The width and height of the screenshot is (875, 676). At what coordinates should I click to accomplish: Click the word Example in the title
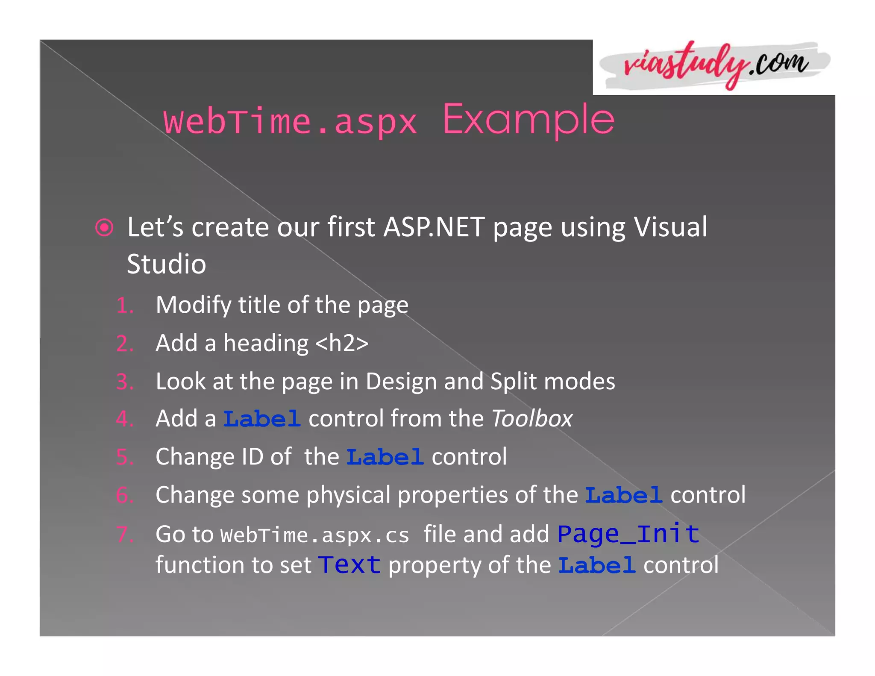pos(529,121)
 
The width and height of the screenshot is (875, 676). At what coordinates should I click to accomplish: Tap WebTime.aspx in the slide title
pos(290,122)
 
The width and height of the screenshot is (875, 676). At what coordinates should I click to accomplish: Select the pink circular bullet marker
pos(104,227)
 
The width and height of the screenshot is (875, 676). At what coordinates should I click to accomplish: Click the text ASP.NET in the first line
pos(434,227)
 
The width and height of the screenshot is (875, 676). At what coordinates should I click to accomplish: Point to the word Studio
pos(167,264)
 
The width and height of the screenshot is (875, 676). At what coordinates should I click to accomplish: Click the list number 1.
pos(124,306)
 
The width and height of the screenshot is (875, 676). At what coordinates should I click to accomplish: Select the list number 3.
pos(124,382)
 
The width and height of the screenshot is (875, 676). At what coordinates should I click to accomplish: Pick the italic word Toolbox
pos(532,419)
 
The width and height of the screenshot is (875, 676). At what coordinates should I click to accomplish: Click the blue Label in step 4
pos(262,419)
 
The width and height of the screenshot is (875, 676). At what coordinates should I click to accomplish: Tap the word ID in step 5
pos(252,457)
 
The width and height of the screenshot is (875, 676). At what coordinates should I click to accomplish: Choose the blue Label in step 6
pos(623,496)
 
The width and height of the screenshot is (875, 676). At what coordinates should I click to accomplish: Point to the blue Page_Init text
pos(628,534)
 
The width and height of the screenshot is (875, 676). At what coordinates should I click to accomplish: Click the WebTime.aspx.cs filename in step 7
pos(315,535)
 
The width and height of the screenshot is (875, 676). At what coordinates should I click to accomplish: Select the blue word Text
pos(349,565)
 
